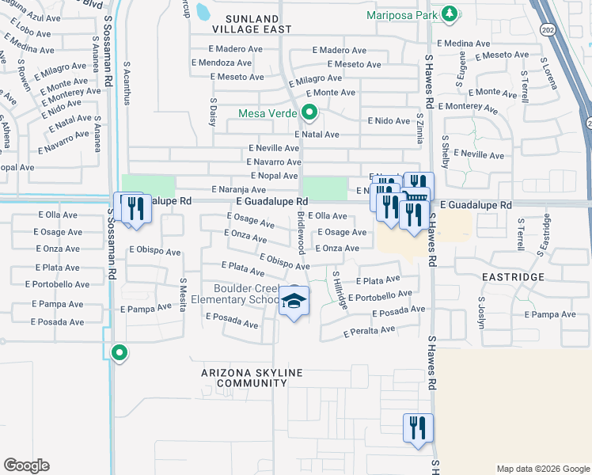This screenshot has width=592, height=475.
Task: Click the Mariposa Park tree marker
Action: (450, 13)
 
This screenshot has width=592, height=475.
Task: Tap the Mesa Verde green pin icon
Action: (309, 113)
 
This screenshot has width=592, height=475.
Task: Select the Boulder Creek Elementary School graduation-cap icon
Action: (294, 301)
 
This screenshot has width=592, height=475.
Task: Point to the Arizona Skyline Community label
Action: (243, 378)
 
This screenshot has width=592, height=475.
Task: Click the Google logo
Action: (27, 465)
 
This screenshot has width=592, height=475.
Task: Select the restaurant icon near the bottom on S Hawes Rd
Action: (417, 428)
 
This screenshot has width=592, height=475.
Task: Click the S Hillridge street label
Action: (338, 291)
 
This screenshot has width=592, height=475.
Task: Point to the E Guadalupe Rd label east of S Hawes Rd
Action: (476, 205)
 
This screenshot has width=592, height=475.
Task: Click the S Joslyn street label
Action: (481, 310)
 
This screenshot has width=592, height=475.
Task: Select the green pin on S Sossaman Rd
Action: (120, 352)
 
